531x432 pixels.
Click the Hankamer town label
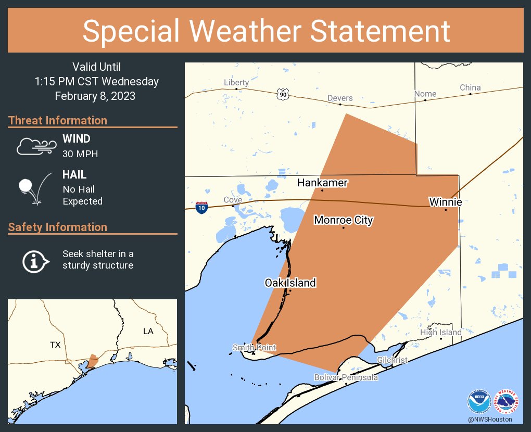point(322,183)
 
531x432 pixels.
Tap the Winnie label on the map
point(445,201)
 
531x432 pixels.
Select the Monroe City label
point(344,220)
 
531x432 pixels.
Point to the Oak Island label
point(290,283)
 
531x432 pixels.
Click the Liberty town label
point(236,82)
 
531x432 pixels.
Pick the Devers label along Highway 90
point(340,98)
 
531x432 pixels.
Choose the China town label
point(470,87)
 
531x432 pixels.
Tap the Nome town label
point(425,94)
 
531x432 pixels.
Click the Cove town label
point(233,200)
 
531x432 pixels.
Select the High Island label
point(441,332)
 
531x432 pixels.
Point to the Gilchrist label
point(393,360)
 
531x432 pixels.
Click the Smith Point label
point(255,348)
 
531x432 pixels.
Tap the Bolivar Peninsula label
point(346,377)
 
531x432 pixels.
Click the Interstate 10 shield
point(202,207)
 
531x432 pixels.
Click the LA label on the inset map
point(148,331)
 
